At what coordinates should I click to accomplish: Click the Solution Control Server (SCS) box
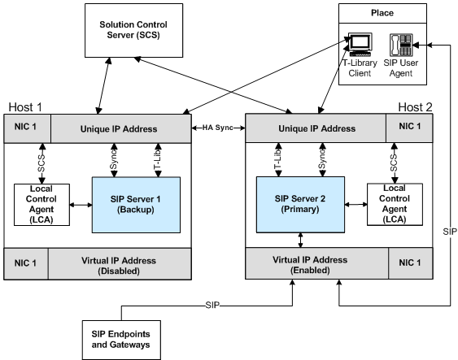tap(133, 30)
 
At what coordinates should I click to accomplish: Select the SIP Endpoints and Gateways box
tap(121, 340)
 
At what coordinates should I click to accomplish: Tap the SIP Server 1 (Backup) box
tap(136, 205)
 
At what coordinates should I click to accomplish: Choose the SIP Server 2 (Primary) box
tap(300, 204)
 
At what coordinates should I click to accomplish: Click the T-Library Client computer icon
tap(360, 45)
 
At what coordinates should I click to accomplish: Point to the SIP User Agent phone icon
tap(401, 45)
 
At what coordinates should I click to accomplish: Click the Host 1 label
tap(25, 107)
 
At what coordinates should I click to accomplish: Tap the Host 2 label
tap(415, 107)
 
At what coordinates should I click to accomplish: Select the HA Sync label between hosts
tap(218, 128)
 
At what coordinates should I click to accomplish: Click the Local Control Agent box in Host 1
tap(41, 205)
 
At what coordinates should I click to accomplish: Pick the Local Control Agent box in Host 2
tap(395, 204)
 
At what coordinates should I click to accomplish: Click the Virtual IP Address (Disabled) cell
tap(120, 264)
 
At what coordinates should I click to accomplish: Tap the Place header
tap(382, 13)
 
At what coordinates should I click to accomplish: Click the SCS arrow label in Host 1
tap(41, 163)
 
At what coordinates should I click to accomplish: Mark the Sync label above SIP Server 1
tap(114, 159)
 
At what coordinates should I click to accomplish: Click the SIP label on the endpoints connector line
tap(212, 306)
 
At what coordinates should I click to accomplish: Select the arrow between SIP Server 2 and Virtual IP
tap(300, 240)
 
